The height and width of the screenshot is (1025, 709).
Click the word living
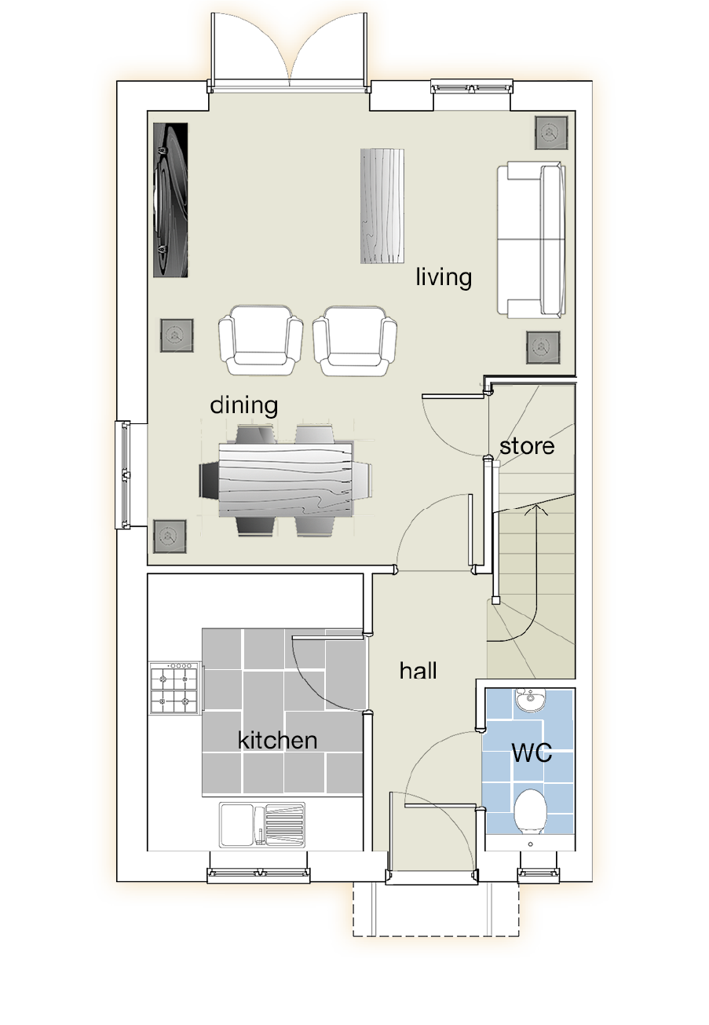[444, 277]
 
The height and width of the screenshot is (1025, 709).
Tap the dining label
[244, 405]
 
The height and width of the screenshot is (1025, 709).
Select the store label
[527, 446]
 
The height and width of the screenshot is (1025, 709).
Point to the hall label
[418, 671]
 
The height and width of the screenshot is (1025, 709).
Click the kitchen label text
[278, 740]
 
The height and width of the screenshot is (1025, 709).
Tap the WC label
[532, 752]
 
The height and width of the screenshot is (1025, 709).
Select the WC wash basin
[530, 699]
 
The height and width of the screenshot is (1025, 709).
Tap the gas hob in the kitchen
[175, 688]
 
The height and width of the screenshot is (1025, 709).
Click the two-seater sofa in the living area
[532, 240]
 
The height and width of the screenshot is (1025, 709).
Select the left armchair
[261, 341]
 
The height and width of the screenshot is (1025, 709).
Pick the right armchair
[355, 341]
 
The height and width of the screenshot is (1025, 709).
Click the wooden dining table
[286, 480]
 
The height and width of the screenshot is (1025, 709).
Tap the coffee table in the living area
[382, 206]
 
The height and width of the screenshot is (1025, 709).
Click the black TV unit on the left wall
[170, 200]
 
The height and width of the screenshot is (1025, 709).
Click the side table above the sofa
[551, 132]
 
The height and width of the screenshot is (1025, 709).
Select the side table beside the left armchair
[177, 336]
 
